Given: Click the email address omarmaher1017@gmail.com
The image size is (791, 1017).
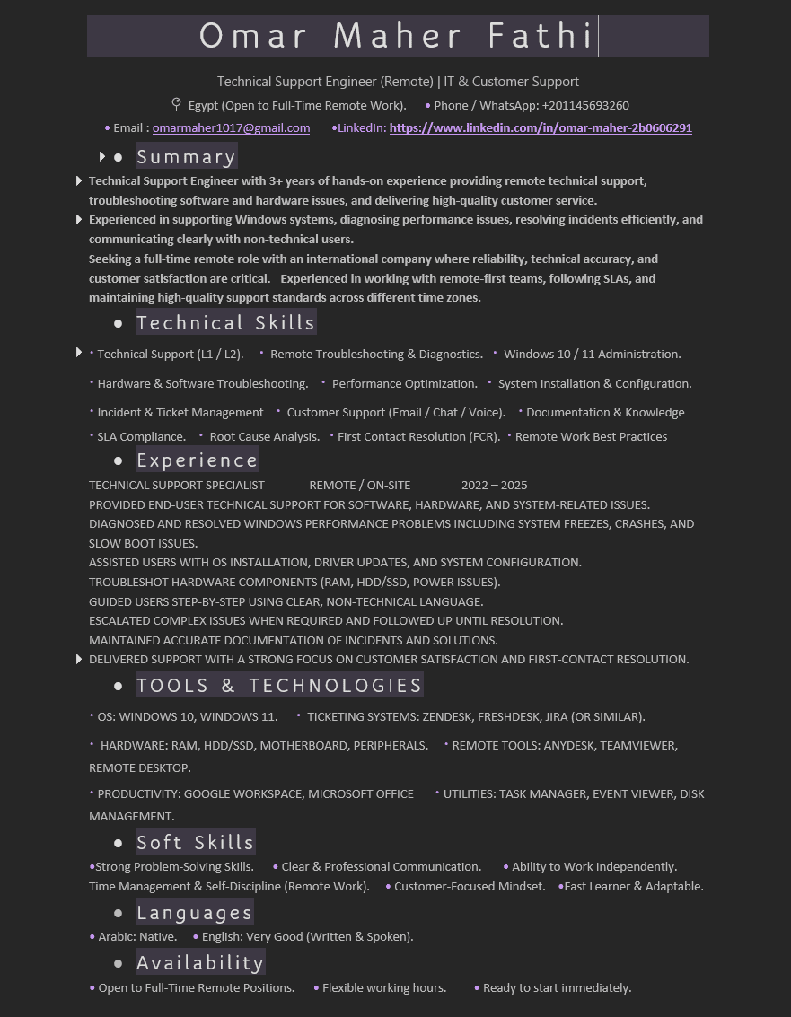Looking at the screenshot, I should point(231,128).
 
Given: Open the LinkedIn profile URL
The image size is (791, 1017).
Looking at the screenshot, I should point(541,128).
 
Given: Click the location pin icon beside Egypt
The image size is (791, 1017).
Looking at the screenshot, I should point(176,105).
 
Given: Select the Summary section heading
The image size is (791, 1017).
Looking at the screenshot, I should point(186,157).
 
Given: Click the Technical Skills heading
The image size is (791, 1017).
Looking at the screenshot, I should point(225,323).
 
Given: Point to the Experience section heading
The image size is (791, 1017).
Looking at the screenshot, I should point(197,460).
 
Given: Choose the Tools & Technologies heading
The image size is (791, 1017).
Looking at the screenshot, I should point(278,686).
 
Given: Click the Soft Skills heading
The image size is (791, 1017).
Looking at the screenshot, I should point(195,842).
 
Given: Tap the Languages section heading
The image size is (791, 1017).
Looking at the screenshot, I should point(194,913).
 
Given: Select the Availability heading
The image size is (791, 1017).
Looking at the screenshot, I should point(199,963).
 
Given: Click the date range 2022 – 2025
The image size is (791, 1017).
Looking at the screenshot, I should point(494,486).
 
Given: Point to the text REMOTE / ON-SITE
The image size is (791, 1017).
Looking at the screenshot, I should point(359,486).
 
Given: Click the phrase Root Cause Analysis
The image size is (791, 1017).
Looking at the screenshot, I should point(264,437).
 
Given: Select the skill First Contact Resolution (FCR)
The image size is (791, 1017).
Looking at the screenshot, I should point(418,437).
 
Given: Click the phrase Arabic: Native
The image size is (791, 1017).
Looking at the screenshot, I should point(137,937).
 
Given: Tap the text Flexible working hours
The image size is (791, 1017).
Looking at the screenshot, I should point(384,988).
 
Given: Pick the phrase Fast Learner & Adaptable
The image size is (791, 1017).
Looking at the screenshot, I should point(634,887).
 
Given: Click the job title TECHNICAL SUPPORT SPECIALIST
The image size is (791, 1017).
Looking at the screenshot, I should point(176,486).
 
